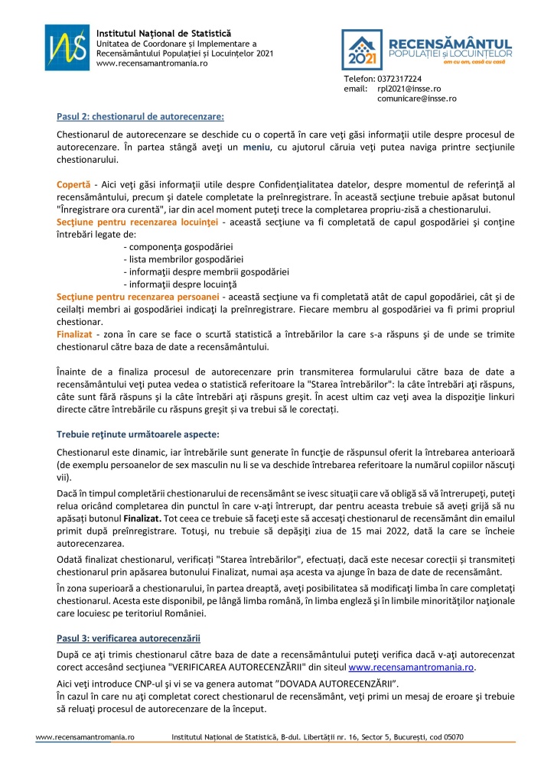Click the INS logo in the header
click(x=67, y=47)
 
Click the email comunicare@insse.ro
click(x=417, y=99)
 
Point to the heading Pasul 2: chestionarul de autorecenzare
click(x=141, y=116)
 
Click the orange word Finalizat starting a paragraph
click(x=74, y=334)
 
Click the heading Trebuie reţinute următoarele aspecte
click(x=148, y=434)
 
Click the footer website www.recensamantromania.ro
click(x=86, y=737)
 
